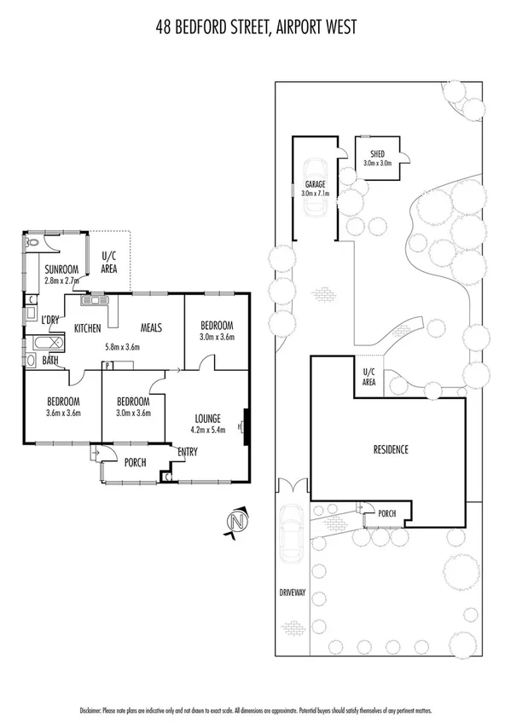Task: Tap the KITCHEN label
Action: (88, 328)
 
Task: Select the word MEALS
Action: (147, 328)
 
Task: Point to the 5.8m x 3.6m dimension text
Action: (122, 347)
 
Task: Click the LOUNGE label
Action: (207, 419)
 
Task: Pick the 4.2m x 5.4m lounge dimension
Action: (207, 431)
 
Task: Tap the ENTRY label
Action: (188, 452)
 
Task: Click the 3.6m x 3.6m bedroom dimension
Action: (62, 414)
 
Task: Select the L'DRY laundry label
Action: (49, 320)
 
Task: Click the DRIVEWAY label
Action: (292, 592)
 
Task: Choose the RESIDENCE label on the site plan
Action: (391, 449)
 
